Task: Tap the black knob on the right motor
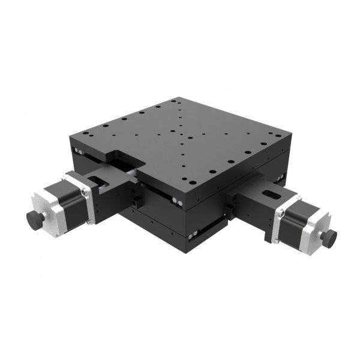[x=328, y=238]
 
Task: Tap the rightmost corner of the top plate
[x=292, y=134]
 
